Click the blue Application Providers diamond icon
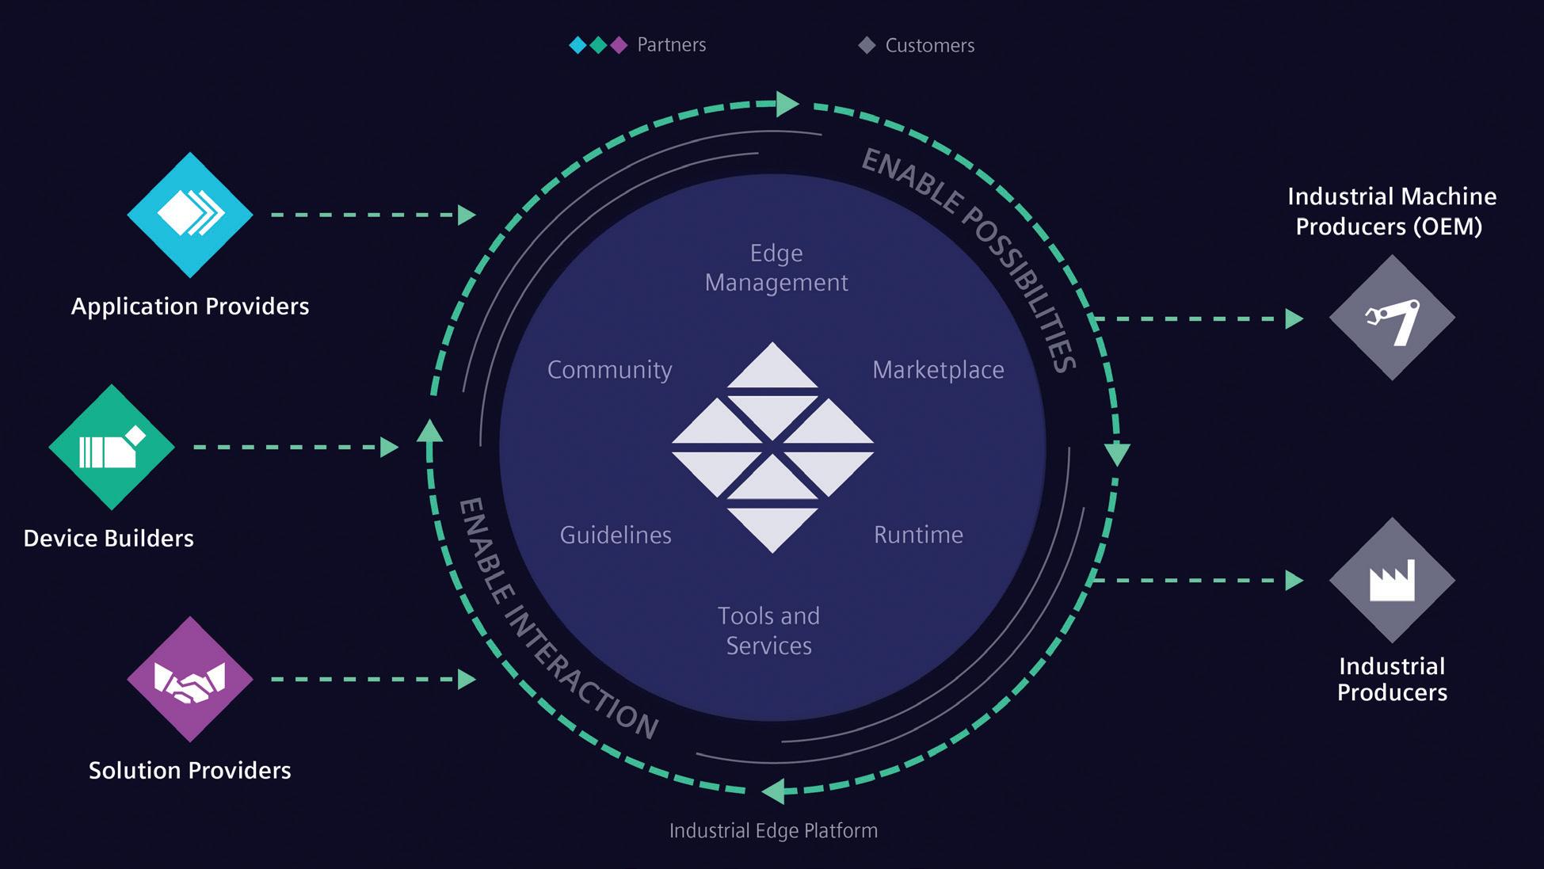coord(190,215)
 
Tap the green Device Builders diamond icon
coord(112,448)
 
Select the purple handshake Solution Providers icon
coord(190,680)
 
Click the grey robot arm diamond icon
coord(1392,318)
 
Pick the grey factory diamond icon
coord(1392,581)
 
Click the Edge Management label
coord(776,268)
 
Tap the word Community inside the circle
coord(609,370)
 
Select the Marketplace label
coord(938,370)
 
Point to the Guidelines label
coord(616,536)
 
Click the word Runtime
coord(918,535)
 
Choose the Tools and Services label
coord(768,631)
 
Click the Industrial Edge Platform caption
coord(773,830)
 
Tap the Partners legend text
coord(671,45)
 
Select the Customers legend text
coord(929,46)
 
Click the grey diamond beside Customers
coord(867,45)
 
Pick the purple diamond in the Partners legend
coord(619,45)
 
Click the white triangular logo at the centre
coord(772,448)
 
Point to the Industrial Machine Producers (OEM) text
coord(1391,212)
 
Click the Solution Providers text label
coord(190,770)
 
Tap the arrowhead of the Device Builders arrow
coord(389,448)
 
